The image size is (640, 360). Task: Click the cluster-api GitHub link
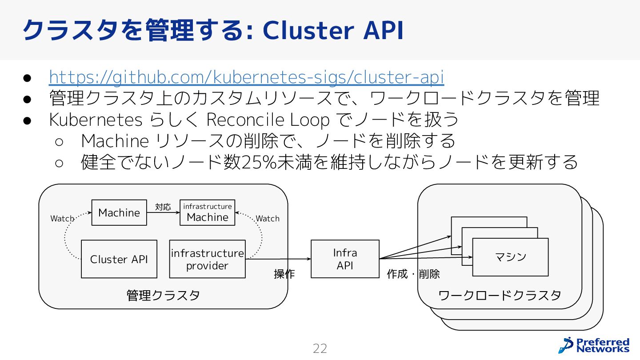coord(247,77)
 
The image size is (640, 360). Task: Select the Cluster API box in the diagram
coord(119,259)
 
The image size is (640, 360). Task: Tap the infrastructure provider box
coord(208,259)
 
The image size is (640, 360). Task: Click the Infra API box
coord(345,259)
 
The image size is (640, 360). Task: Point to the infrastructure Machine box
coord(208,212)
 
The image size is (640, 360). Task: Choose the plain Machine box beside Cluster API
coord(119,212)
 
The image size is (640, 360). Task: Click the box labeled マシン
coord(510,257)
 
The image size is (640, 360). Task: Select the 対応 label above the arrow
coord(163,207)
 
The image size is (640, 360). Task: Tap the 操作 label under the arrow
coord(284,274)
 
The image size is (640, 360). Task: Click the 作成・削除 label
coord(413,274)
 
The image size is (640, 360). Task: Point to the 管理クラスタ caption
coord(163,295)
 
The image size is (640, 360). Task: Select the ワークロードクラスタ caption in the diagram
coord(500,295)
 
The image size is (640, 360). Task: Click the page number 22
coord(320,349)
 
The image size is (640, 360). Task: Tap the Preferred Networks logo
coord(594,345)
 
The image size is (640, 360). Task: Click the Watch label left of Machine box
coord(62,219)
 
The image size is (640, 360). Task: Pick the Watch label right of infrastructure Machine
coord(268,219)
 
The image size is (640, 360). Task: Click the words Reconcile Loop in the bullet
coord(268,120)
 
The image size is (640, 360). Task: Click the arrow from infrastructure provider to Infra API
coord(278,259)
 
